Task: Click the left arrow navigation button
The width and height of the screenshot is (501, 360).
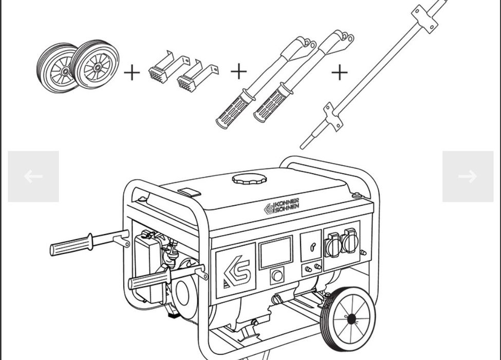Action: coord(33,176)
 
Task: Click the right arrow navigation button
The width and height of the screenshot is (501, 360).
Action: coord(468,176)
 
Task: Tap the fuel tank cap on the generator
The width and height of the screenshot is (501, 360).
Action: coord(249,179)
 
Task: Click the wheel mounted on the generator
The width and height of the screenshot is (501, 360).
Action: coord(348,319)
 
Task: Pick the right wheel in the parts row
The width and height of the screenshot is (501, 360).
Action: coord(96,64)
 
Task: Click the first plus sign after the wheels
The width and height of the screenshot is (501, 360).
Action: coord(132,73)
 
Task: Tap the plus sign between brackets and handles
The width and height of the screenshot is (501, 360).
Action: coord(239,71)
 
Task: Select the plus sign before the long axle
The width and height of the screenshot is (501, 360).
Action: coord(340,73)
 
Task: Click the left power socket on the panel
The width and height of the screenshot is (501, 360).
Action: coord(332,245)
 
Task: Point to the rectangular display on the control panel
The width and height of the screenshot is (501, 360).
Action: coord(275,252)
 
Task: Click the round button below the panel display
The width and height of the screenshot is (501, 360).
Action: coord(277,276)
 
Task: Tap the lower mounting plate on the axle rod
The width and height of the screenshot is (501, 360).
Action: coord(333,117)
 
